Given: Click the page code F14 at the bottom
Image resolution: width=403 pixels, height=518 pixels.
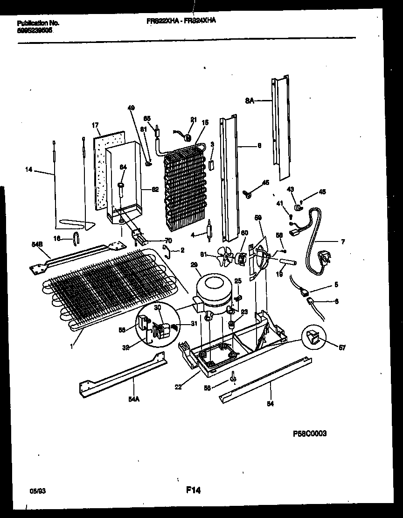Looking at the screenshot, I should point(193,490).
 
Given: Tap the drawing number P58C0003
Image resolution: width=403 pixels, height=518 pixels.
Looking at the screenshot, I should point(310,433).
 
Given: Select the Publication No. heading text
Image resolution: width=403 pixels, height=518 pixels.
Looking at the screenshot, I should point(38,23).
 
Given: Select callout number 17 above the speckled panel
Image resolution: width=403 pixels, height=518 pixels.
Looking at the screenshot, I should point(95,125).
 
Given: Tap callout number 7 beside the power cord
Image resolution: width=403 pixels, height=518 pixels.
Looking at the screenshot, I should point(342,241).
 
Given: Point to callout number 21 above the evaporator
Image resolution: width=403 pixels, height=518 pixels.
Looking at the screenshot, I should point(193,120).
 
